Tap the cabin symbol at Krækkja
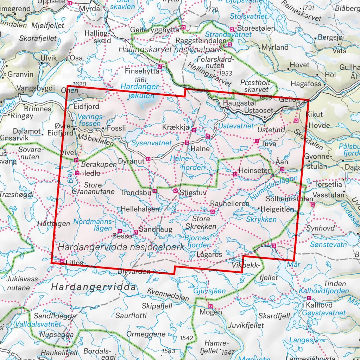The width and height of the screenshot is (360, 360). click(x=194, y=130)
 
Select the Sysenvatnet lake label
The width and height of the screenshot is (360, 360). click(x=151, y=143)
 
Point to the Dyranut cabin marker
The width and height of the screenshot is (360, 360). click(x=149, y=159)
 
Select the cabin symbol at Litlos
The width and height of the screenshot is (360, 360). click(x=62, y=261)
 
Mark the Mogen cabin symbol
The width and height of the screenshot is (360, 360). click(x=210, y=306)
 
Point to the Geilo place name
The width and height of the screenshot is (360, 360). click(x=288, y=100)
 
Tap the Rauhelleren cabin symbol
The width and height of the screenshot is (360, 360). click(x=212, y=211)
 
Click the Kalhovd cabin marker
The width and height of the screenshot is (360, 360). click(x=309, y=298)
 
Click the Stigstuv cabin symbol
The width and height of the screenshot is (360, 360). click(x=175, y=190)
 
